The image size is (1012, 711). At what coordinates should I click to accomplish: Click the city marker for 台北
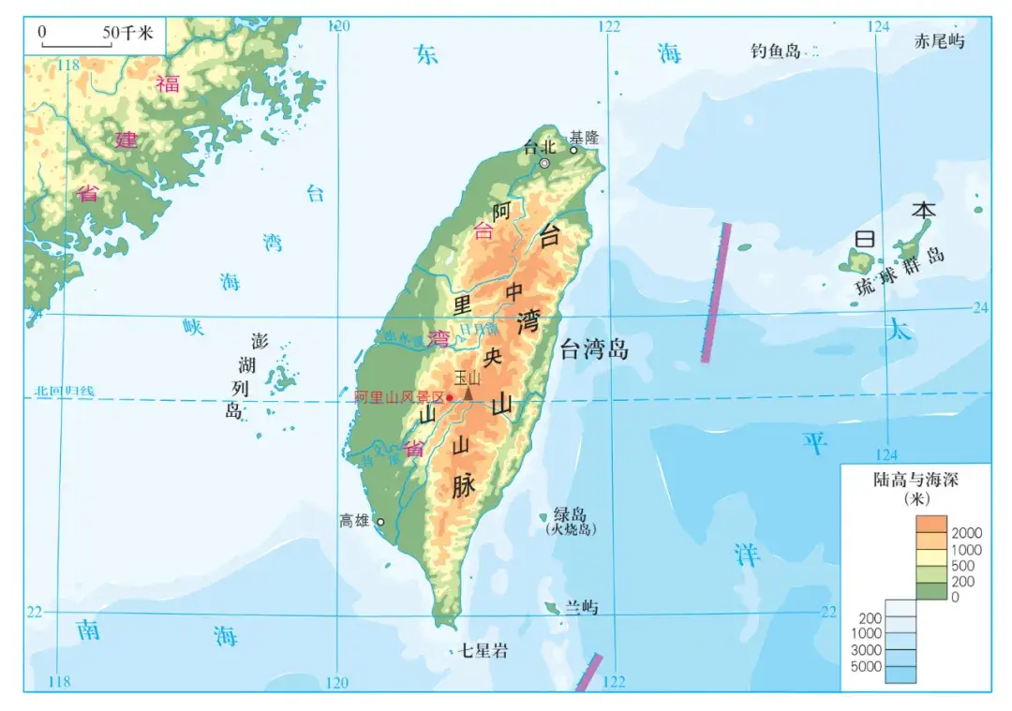544,163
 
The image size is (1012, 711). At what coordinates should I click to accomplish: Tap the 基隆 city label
584,137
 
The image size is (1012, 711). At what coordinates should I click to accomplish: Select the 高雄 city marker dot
380,522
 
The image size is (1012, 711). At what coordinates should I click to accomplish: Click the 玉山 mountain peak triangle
468,394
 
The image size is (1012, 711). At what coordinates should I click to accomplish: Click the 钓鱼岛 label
775,51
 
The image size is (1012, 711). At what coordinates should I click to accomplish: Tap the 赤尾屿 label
939,40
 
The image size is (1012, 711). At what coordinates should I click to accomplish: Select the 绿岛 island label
570,514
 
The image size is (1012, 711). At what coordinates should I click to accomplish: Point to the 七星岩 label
484,650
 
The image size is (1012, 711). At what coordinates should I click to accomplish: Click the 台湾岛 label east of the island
594,350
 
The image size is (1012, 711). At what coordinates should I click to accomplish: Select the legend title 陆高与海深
915,480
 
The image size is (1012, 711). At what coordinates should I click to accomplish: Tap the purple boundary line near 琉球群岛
717,292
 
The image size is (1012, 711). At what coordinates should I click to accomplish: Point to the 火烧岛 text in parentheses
570,529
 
